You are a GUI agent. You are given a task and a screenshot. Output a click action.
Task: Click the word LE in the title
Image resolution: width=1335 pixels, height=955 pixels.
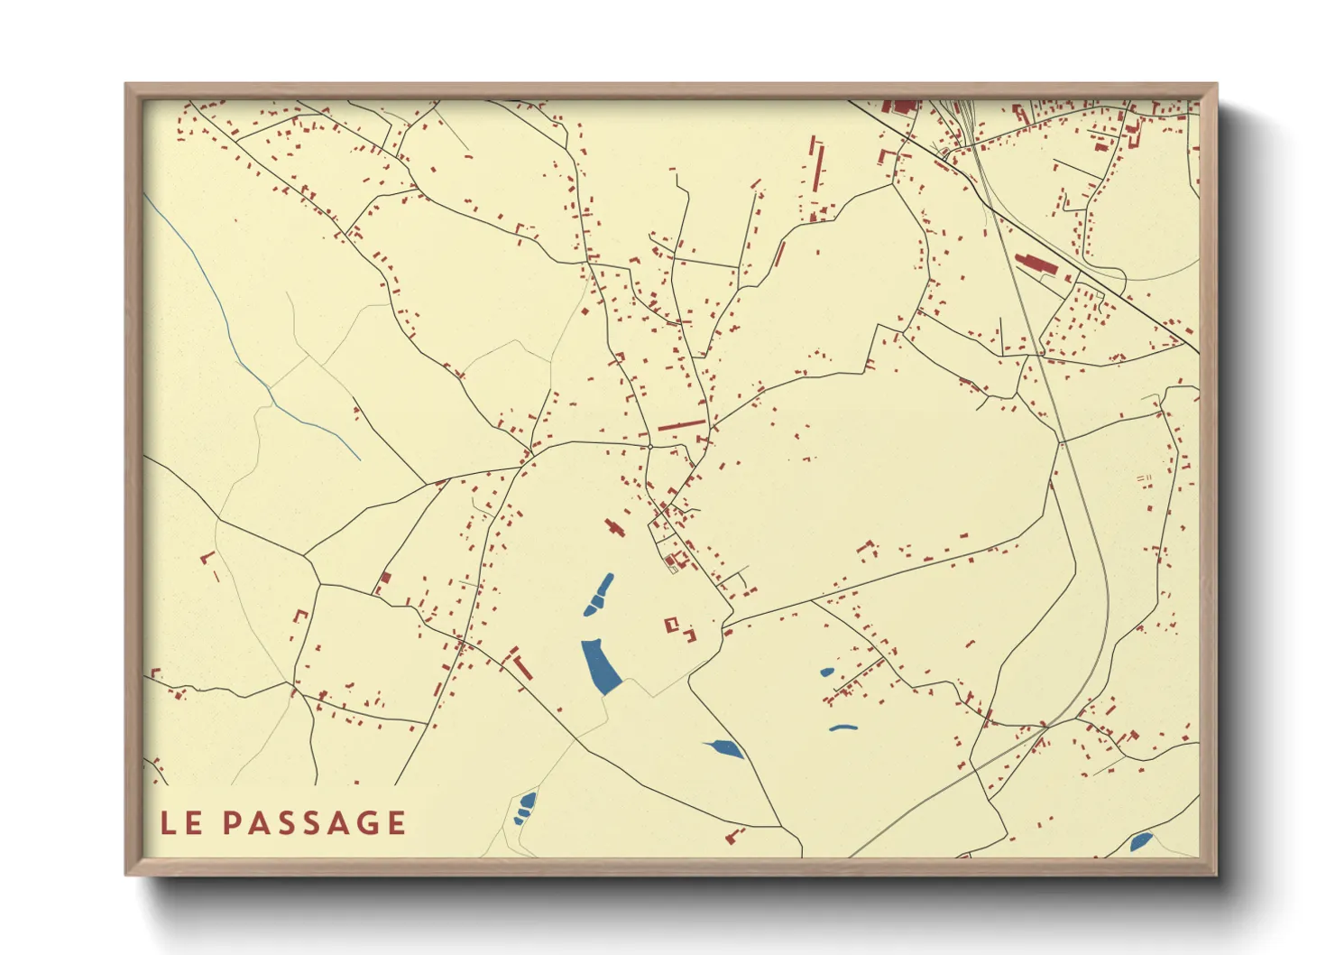point(180,822)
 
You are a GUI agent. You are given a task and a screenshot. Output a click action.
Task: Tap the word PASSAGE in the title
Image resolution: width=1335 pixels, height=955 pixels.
point(314,822)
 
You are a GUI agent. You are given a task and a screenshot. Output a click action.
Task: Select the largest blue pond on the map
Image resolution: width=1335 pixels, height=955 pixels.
point(600,666)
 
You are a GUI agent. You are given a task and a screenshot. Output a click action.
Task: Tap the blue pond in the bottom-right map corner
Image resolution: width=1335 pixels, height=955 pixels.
point(1140,842)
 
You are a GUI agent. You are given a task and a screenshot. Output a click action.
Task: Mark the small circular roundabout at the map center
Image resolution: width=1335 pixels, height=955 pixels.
point(649,446)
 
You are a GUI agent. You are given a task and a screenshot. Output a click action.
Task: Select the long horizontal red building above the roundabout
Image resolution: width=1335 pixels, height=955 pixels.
point(682,423)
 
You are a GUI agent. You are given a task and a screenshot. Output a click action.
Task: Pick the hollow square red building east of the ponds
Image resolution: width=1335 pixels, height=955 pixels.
point(672,624)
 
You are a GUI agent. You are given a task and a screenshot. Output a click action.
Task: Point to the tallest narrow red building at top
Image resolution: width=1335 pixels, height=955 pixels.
point(818,165)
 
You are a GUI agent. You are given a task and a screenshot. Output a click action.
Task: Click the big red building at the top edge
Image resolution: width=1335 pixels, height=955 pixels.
point(900,107)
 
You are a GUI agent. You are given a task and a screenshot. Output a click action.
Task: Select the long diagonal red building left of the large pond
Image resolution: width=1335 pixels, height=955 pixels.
point(521,666)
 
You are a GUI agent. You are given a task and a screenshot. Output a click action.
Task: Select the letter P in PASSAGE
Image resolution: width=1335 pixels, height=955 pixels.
point(231,822)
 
